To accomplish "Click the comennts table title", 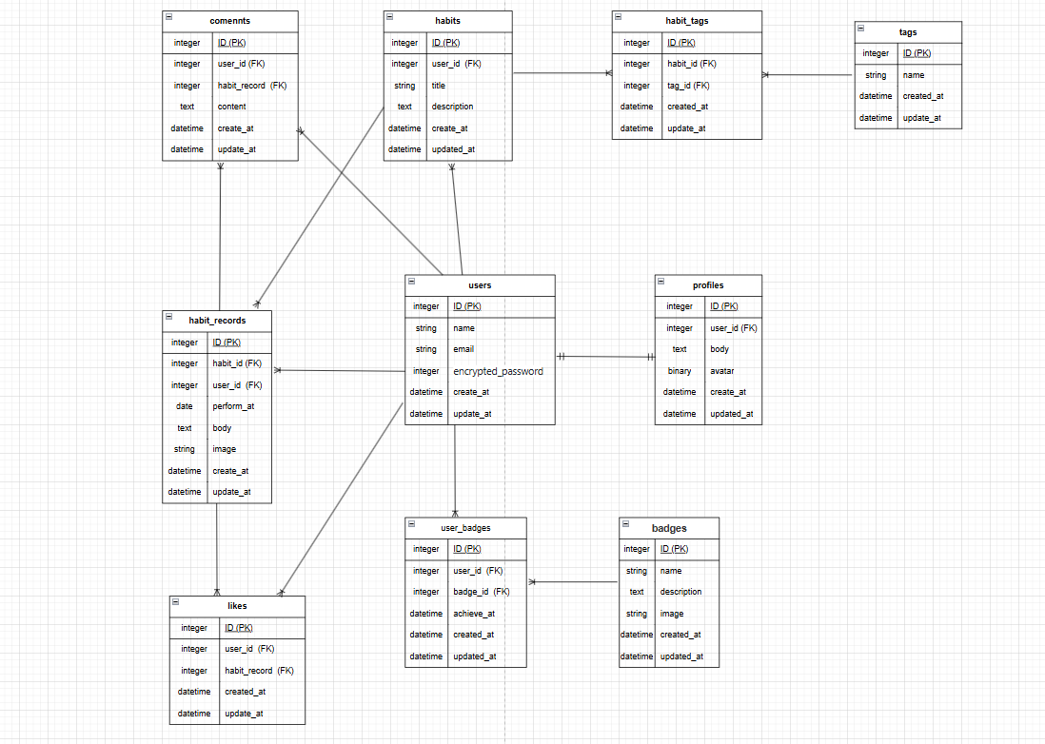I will pos(230,21).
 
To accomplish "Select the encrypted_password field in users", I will pos(498,371).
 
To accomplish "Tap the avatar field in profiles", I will pos(721,371).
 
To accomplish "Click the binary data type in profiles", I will pos(680,371).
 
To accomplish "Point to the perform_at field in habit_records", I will pos(233,406).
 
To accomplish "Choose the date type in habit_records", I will pos(185,406).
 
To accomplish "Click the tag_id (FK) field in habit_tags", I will pos(691,86).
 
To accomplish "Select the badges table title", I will pos(669,528).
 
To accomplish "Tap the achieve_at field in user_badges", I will pos(474,614).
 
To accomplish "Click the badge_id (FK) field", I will pos(481,592).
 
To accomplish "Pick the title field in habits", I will pos(439,86).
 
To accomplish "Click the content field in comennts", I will pos(232,107).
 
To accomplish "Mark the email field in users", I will pos(463,349).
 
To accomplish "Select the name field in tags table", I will pos(914,75).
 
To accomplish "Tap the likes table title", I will pos(237,606).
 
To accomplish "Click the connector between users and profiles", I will pos(604,357).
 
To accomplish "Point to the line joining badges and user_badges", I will pos(574,581).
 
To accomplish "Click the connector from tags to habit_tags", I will pos(809,74).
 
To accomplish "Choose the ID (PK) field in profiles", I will pos(723,306).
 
